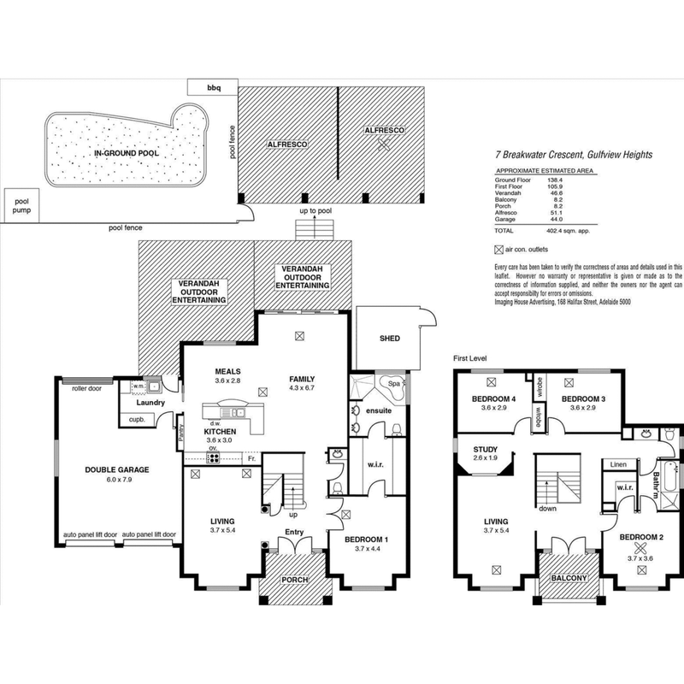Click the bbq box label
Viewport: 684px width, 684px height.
(213, 87)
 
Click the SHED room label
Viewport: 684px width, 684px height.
(389, 339)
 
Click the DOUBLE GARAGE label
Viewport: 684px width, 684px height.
(117, 469)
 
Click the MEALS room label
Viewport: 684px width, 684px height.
(227, 372)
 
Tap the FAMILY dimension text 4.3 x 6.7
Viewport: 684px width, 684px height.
(302, 389)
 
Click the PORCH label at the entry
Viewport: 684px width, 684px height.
(293, 579)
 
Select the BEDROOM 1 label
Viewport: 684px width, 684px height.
(366, 540)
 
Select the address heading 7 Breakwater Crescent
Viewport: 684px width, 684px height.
(573, 155)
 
